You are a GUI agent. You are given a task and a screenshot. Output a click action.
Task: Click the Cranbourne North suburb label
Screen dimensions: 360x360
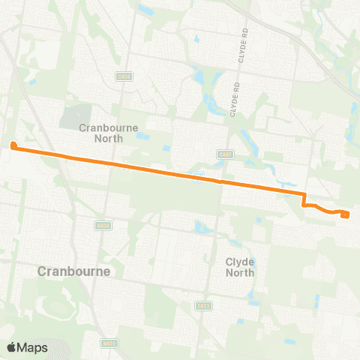[x=109, y=133]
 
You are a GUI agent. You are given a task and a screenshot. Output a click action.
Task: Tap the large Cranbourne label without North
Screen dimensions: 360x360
[x=74, y=271]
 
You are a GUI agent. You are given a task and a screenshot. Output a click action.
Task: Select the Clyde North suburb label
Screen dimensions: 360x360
[x=240, y=267]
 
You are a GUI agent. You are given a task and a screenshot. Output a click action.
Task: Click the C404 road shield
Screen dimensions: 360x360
[x=124, y=76]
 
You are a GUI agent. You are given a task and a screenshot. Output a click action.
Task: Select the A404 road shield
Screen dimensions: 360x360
[x=103, y=225]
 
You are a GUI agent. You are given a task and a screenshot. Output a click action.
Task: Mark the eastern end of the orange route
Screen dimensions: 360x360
[x=346, y=215]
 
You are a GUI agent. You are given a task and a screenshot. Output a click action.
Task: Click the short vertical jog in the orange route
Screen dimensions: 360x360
[x=304, y=199]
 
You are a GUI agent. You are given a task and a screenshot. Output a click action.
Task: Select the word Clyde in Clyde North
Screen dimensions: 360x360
[x=240, y=262]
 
